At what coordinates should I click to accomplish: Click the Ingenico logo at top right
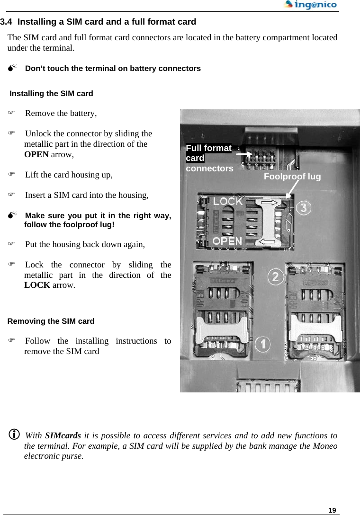pyautogui.click(x=310, y=5)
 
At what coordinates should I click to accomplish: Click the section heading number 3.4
pyautogui.click(x=7, y=22)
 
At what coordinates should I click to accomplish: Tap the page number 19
pyautogui.click(x=333, y=510)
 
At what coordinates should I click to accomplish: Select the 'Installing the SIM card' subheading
pyautogui.click(x=51, y=94)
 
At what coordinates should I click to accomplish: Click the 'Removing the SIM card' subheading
pyautogui.click(x=51, y=321)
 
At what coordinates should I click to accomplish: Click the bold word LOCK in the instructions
pyautogui.click(x=37, y=285)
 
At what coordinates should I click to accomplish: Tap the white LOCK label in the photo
pyautogui.click(x=227, y=201)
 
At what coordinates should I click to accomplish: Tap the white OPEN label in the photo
pyautogui.click(x=227, y=240)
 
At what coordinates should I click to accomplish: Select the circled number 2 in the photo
pyautogui.click(x=277, y=276)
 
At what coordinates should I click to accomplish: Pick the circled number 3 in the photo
pyautogui.click(x=304, y=208)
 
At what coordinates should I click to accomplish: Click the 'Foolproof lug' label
pyautogui.click(x=292, y=177)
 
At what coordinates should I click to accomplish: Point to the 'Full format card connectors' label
pyautogui.click(x=209, y=158)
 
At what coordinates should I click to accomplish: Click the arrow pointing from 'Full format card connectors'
pyautogui.click(x=244, y=154)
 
